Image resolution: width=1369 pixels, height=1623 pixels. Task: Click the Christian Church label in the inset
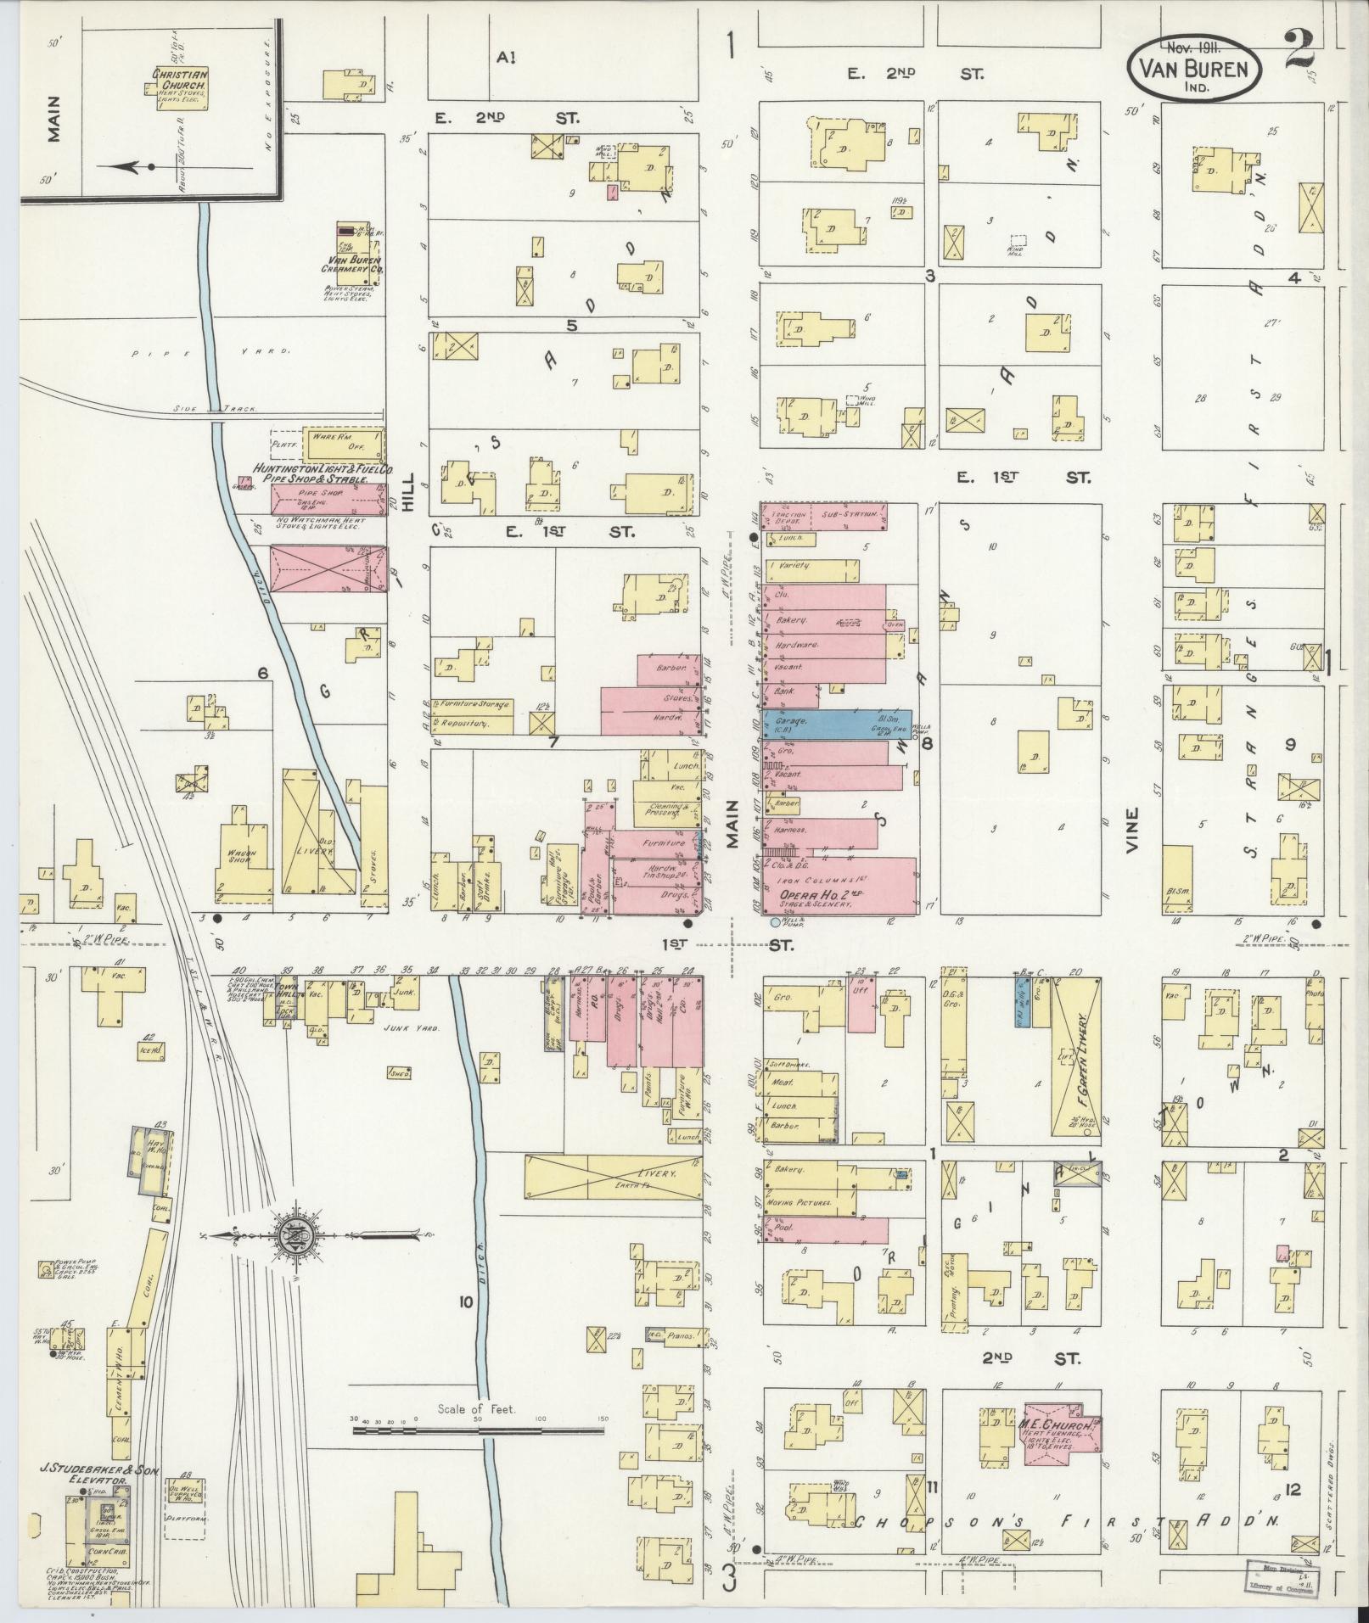[180, 80]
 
